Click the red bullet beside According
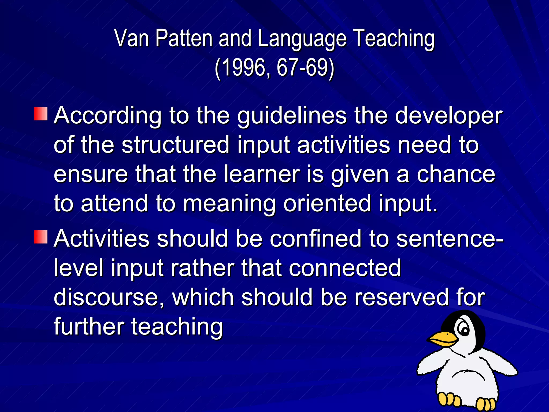pyautogui.click(x=41, y=114)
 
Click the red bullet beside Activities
pyautogui.click(x=41, y=237)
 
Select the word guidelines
pyautogui.click(x=292, y=116)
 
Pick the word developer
pyautogui.click(x=448, y=116)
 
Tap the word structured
pyautogui.click(x=176, y=145)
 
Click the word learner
pyautogui.click(x=262, y=174)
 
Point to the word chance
pyautogui.click(x=456, y=174)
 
